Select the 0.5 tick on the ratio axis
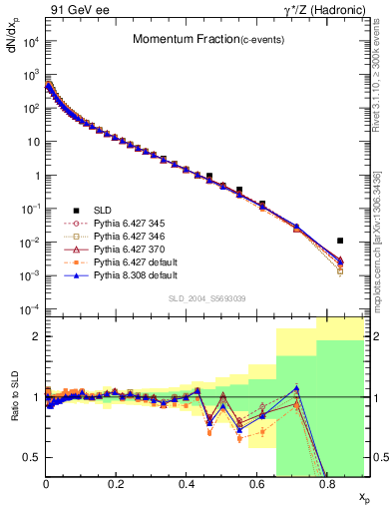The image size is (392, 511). click(x=33, y=457)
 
